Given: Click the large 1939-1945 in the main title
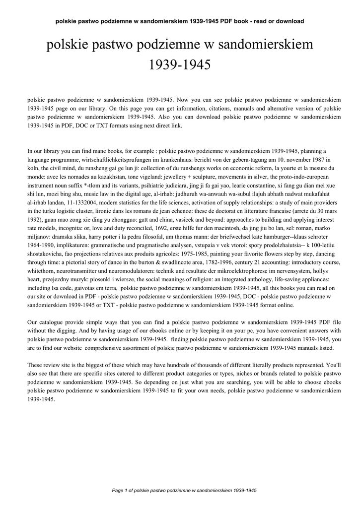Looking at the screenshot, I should (x=180, y=64).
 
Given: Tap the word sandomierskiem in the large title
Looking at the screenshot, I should (x=267, y=45).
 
